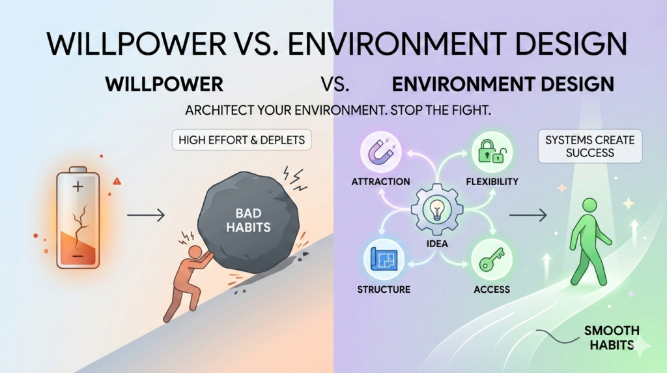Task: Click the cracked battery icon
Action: click(x=78, y=220)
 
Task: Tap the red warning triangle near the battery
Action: click(x=117, y=182)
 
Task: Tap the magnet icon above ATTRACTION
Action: click(x=380, y=151)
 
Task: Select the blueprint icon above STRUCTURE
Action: click(x=383, y=259)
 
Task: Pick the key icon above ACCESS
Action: click(x=489, y=260)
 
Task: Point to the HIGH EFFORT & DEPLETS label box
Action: click(x=240, y=140)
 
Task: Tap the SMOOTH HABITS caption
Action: click(x=611, y=337)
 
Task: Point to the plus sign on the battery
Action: click(x=78, y=187)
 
